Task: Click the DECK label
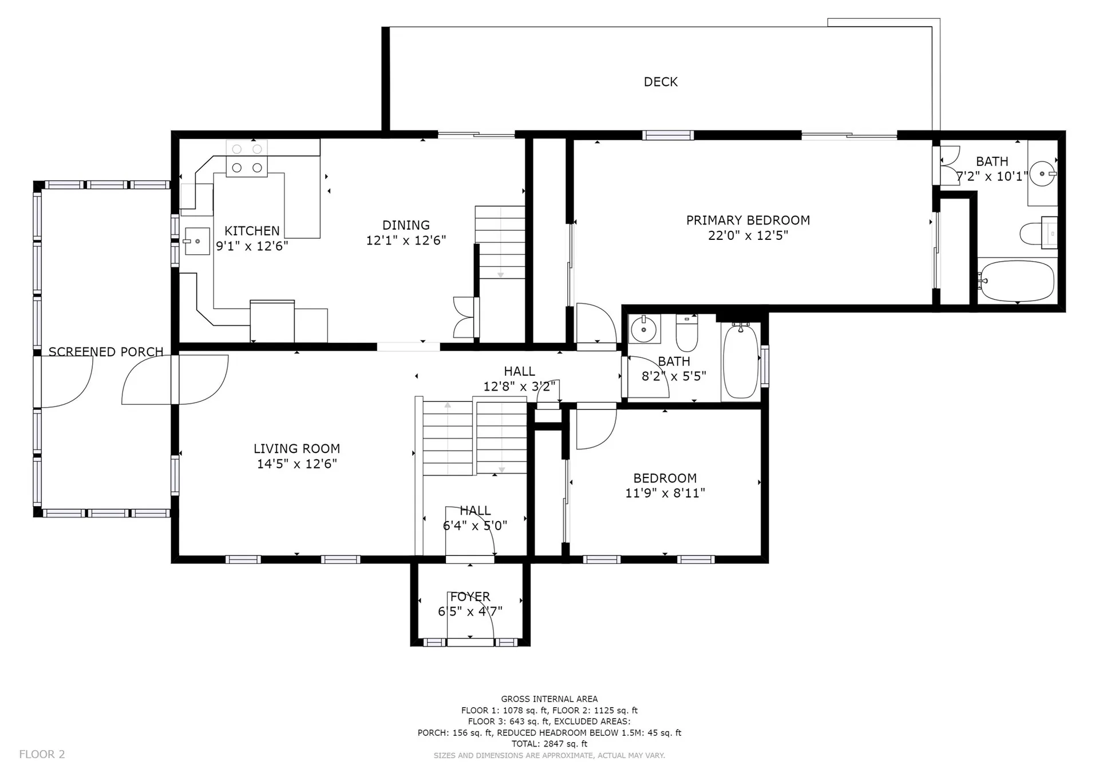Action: (x=661, y=82)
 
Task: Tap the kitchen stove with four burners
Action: (x=247, y=159)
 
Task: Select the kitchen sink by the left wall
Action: (x=197, y=241)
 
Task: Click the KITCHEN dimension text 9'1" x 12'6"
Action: (x=252, y=246)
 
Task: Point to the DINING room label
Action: (x=406, y=225)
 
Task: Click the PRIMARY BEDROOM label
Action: (x=748, y=220)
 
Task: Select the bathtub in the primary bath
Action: (x=1016, y=281)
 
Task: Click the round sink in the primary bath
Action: (x=1042, y=173)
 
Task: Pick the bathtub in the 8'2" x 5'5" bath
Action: (x=741, y=361)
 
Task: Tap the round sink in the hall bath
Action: (x=644, y=329)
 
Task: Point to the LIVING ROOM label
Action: (x=297, y=449)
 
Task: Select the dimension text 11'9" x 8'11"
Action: (x=665, y=493)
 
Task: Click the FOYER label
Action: (x=470, y=597)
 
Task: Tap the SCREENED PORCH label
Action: (x=106, y=352)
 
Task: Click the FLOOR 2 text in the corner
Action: (x=42, y=754)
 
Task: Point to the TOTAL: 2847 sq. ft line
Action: (x=549, y=744)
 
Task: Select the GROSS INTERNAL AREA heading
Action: (x=549, y=699)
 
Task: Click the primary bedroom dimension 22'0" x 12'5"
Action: (x=748, y=235)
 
